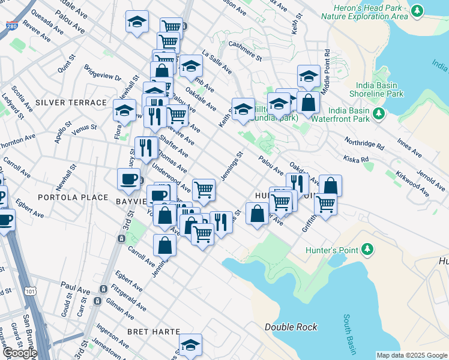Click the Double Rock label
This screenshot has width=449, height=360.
291,327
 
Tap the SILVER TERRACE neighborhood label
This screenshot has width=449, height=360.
71,103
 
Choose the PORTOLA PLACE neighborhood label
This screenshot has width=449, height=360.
73,197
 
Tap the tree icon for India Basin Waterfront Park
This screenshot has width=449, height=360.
379,113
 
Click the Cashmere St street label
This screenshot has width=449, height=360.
240,53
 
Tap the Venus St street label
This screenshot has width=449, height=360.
84,127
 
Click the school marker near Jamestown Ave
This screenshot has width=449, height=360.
190,344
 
